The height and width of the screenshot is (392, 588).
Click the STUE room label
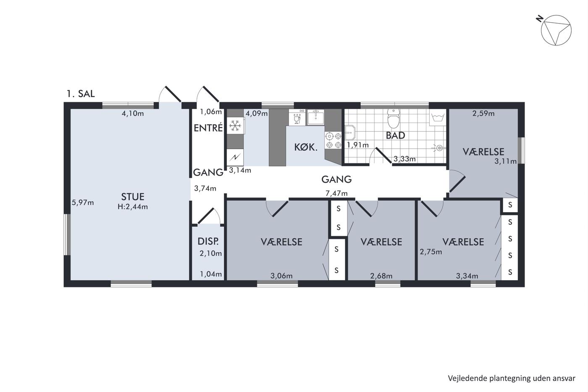click(x=133, y=197)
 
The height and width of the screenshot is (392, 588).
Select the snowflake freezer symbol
click(x=235, y=126)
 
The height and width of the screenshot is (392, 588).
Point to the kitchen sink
click(x=315, y=117)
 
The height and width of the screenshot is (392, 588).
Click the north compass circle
click(x=556, y=30)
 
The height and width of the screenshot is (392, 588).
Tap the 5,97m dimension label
click(x=83, y=203)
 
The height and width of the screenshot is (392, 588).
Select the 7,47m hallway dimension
click(x=336, y=194)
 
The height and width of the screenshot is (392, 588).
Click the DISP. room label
click(x=208, y=241)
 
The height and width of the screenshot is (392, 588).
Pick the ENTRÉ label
click(x=208, y=128)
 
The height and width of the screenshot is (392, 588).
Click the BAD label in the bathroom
click(x=395, y=135)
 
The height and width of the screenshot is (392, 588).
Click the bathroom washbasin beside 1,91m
click(x=350, y=133)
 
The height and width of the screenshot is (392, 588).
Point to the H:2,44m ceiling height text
click(x=133, y=207)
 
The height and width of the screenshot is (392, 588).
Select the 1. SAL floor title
click(x=81, y=94)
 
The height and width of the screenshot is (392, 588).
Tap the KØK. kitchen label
click(x=306, y=147)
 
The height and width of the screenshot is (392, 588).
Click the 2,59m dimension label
click(x=483, y=113)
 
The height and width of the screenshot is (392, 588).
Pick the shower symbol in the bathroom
click(x=438, y=148)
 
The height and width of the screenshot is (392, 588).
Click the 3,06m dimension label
click(x=281, y=276)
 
